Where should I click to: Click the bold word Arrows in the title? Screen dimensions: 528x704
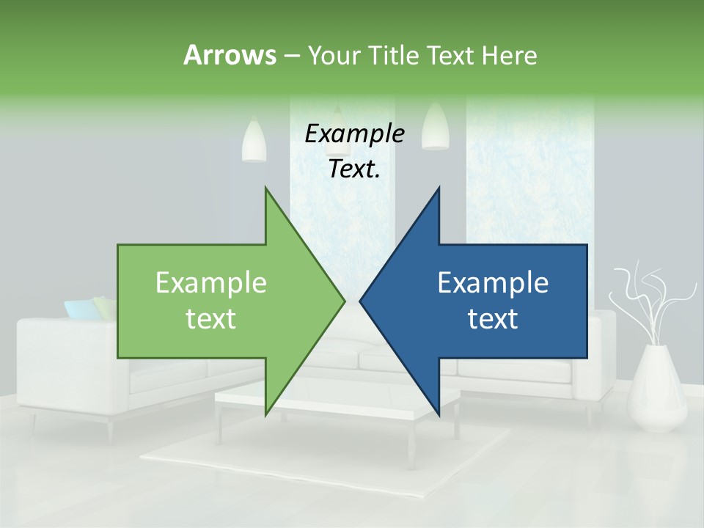click(230, 55)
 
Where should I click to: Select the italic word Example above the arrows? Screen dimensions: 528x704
click(354, 134)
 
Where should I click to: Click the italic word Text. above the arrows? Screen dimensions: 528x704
click(354, 169)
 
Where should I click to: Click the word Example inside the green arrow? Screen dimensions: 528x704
click(210, 283)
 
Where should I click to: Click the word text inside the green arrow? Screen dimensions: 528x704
click(210, 319)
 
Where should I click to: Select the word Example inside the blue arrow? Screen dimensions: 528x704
click(493, 283)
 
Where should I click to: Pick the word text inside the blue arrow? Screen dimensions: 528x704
click(493, 319)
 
